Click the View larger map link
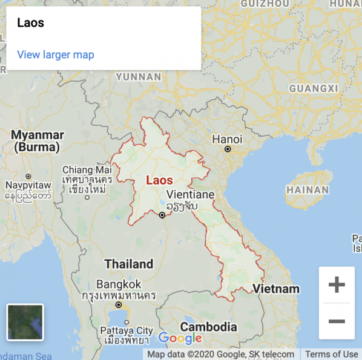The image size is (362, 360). pyautogui.click(x=56, y=54)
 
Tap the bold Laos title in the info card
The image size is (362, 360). pyautogui.click(x=30, y=23)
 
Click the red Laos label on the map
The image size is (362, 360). pyautogui.click(x=159, y=180)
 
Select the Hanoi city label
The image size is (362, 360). pyautogui.click(x=226, y=139)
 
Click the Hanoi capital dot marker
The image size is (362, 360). pyautogui.click(x=228, y=149)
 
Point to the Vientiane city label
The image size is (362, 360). pyautogui.click(x=190, y=195)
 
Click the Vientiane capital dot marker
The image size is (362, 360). pyautogui.click(x=162, y=215)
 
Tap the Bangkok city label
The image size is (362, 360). pyautogui.click(x=119, y=284)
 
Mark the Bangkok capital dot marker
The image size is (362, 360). pyautogui.click(x=119, y=305)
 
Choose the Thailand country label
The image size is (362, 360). pyautogui.click(x=129, y=264)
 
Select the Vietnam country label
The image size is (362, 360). pyautogui.click(x=276, y=289)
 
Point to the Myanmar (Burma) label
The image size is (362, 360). pyautogui.click(x=38, y=140)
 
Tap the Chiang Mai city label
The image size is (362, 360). pyautogui.click(x=87, y=170)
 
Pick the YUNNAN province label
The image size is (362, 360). pyautogui.click(x=139, y=77)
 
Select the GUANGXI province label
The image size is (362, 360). pyautogui.click(x=313, y=88)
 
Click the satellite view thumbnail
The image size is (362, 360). pyautogui.click(x=25, y=322)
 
